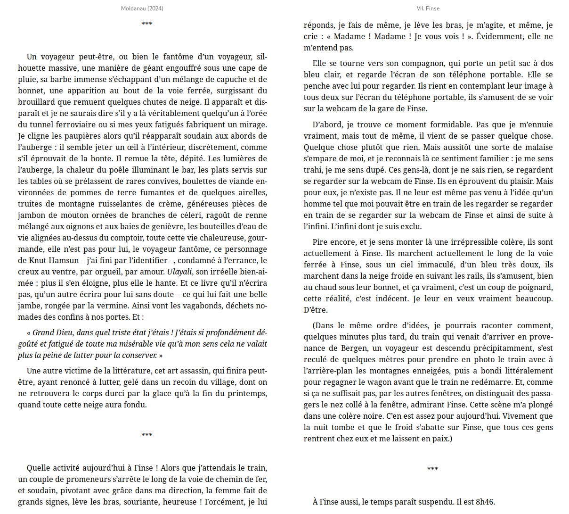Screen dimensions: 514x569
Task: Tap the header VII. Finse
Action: pyautogui.click(x=428, y=8)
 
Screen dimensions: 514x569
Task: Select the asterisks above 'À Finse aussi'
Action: pyautogui.click(x=432, y=469)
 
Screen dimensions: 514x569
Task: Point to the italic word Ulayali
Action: pyautogui.click(x=179, y=272)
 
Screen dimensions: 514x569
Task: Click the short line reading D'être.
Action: pyautogui.click(x=316, y=310)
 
